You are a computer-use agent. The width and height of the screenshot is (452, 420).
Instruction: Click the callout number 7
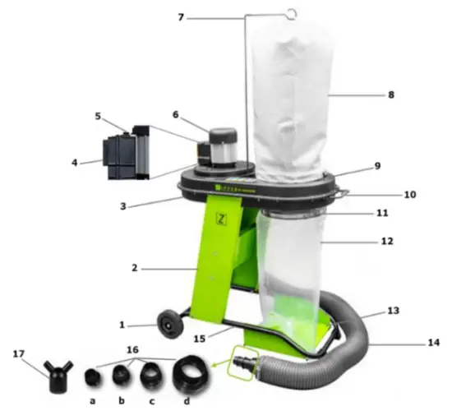click(180, 17)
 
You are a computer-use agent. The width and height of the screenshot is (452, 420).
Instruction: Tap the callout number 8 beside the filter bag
click(390, 95)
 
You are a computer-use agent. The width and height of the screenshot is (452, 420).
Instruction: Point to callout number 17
click(19, 354)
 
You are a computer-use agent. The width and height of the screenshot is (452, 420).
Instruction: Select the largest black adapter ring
click(187, 379)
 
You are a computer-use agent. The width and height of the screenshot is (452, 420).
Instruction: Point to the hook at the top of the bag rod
click(289, 12)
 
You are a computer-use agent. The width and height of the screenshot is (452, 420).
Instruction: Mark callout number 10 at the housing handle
click(410, 195)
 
